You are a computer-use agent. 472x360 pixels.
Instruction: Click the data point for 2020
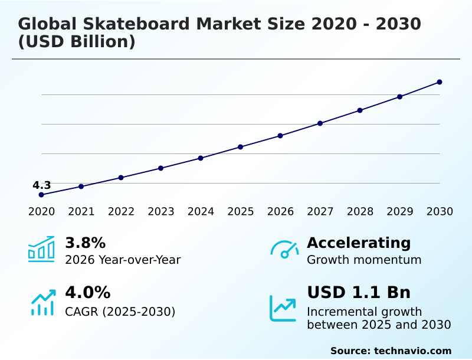pos(41,195)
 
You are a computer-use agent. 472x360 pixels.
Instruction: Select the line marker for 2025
pos(240,147)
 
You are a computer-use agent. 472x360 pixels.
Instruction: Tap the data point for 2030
pos(440,82)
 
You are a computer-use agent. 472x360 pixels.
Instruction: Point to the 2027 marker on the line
pos(320,123)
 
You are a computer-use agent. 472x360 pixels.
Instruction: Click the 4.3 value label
pos(41,185)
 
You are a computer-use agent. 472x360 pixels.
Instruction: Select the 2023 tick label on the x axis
pos(160,212)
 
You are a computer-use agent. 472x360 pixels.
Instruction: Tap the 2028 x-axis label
pos(360,212)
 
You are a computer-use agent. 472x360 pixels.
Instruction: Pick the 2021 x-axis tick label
pos(81,212)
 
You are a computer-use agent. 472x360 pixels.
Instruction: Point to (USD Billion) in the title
pos(77,42)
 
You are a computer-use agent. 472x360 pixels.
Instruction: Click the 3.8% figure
pos(85,243)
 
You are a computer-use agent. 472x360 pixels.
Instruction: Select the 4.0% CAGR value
pos(87,293)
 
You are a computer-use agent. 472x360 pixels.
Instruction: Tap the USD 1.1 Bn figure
pos(359,293)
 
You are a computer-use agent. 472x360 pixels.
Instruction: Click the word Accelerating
pos(359,243)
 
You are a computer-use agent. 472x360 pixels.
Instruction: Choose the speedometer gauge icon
pos(284,250)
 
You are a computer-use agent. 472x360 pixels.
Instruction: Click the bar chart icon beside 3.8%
pos(41,249)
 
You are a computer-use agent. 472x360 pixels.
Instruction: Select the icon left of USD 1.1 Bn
pos(283,308)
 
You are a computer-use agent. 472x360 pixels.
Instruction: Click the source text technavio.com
pos(412,351)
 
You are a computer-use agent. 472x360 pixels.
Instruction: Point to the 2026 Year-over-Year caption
pos(123,260)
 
